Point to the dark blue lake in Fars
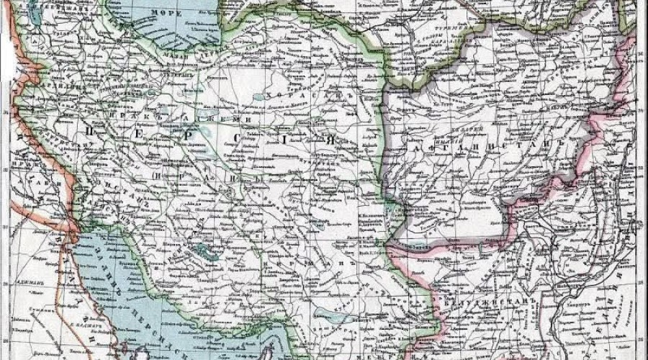(207, 251)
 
